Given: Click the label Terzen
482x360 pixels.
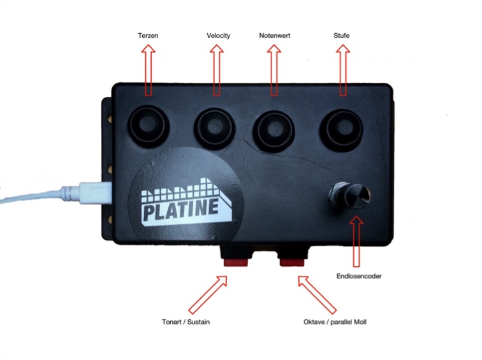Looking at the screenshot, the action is [148, 36].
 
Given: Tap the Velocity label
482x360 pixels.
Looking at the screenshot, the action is [218, 36].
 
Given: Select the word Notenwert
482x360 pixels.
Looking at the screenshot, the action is [275, 36].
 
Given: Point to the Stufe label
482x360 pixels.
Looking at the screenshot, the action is [341, 36].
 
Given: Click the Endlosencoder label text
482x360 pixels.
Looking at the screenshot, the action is [359, 276].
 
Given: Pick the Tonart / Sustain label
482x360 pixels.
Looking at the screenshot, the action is [186, 322].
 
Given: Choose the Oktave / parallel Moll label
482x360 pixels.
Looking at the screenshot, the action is [335, 322].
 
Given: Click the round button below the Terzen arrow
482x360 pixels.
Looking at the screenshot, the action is [149, 126].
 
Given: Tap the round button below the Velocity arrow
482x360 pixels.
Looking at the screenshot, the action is [215, 127].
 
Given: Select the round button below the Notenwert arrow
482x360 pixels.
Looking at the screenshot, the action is [274, 130].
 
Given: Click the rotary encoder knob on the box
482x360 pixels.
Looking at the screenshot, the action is [351, 196].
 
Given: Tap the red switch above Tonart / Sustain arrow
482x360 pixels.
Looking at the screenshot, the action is [236, 262].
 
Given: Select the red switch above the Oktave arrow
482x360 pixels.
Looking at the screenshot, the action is [292, 262].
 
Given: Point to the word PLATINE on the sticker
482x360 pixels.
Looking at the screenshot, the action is [181, 210].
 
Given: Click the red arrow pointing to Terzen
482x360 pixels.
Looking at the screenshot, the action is [148, 70].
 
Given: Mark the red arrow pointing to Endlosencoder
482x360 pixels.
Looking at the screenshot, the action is [356, 241].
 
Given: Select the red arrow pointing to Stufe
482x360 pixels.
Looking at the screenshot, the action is [343, 70].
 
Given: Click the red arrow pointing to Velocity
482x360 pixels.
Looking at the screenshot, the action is [217, 70].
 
